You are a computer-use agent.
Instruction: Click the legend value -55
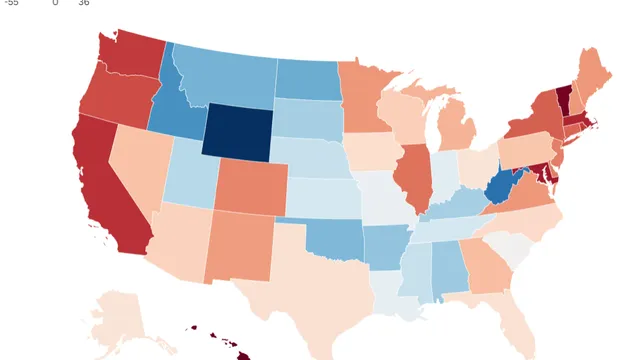click(x=11, y=3)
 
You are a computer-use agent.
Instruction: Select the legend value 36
click(x=84, y=3)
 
